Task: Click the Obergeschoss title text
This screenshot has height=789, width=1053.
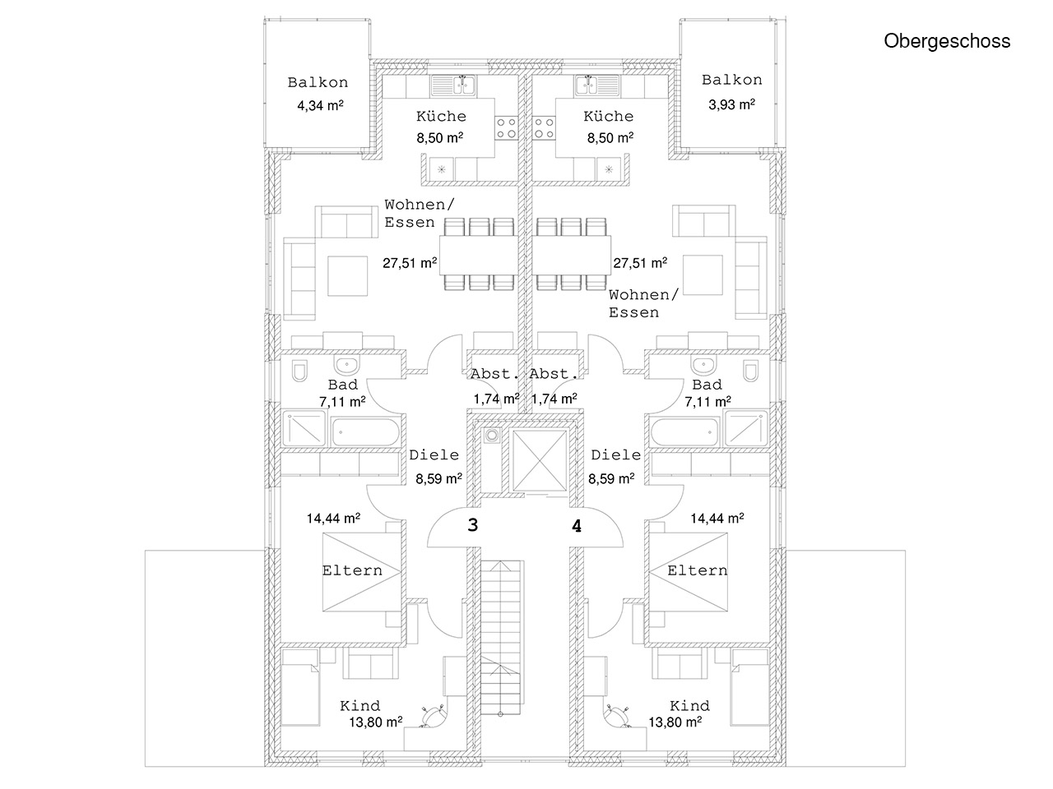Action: coord(947,41)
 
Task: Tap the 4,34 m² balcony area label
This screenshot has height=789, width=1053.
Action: coord(320,105)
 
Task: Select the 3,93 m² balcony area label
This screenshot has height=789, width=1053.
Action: coord(731,104)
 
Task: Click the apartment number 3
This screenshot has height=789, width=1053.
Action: coord(472,526)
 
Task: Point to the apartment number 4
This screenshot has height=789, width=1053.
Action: coord(578,528)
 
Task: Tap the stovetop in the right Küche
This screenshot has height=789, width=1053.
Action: coord(544,127)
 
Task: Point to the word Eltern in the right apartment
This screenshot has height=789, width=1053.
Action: coord(697,570)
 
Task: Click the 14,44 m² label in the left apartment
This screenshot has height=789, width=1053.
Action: coord(333,519)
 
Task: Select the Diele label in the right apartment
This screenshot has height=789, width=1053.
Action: coord(615,454)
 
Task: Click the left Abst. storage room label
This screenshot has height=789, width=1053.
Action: coord(495,375)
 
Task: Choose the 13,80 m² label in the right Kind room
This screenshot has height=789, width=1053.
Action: coord(675,722)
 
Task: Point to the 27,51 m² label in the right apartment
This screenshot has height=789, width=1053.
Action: coord(639,264)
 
